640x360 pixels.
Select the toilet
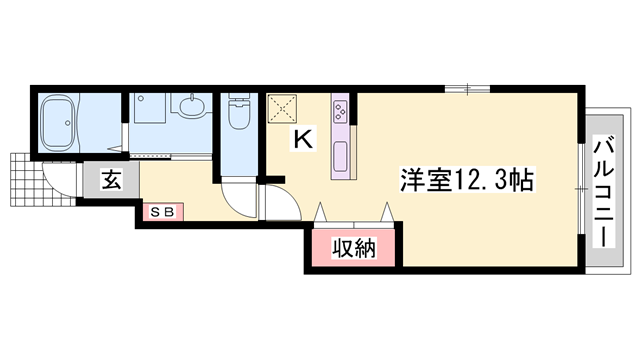[239, 116]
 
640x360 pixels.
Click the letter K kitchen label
[302, 140]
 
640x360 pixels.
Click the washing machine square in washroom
[150, 109]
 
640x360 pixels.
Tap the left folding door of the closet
[322, 212]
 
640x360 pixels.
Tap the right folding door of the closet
[386, 212]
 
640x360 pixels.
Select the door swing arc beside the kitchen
[278, 204]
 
